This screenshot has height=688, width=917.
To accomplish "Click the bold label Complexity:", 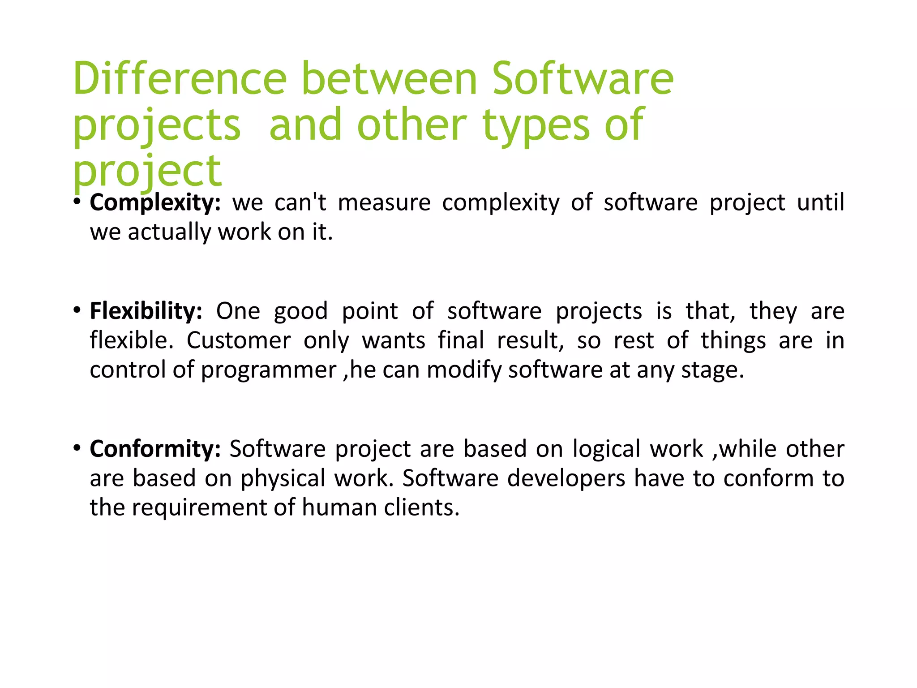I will tap(155, 203).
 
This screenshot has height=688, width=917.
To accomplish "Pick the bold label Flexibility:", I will tap(146, 311).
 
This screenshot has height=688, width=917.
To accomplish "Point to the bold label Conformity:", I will tap(155, 449).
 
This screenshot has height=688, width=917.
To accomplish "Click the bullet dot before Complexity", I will tap(77, 202).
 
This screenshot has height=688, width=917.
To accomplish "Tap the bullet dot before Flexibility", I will tap(77, 310).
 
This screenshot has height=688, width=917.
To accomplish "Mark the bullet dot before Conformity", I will tap(77, 448).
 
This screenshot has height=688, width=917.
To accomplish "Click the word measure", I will tap(384, 203).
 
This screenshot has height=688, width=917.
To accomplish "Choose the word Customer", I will tap(239, 341).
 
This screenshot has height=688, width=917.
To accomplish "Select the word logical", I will tap(606, 449).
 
